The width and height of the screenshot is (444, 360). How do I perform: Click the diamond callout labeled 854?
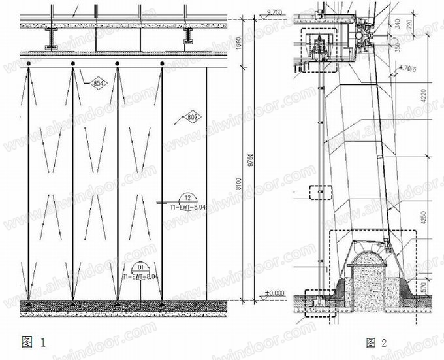(x=97, y=83)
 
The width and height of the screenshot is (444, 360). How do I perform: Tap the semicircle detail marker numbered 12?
(x=187, y=197)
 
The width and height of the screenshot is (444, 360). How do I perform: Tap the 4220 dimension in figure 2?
(x=428, y=101)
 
